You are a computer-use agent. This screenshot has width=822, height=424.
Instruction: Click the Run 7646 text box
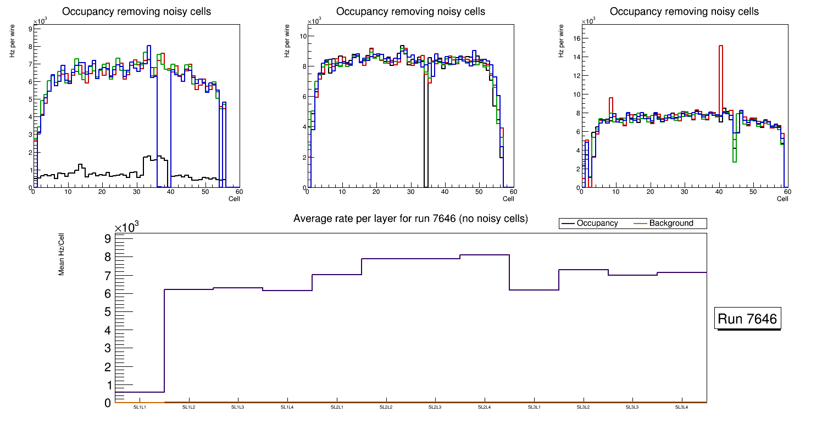coord(747,319)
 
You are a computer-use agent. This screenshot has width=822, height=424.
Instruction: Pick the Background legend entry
coord(670,224)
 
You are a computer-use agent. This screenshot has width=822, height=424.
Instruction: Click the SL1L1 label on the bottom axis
coord(140,407)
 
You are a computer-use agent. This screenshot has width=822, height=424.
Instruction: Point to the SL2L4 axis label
coord(484,407)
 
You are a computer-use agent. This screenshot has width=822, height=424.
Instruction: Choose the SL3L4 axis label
coord(681,407)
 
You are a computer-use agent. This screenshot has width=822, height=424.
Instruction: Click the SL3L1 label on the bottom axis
coord(534,407)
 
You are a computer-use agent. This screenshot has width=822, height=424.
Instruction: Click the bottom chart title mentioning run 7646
coord(410,219)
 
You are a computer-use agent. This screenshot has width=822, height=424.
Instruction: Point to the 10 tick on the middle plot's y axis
coord(302,36)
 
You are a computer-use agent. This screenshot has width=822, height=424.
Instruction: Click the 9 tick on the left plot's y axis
coord(29,28)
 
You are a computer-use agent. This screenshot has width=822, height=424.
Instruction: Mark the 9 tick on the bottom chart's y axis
coord(107,238)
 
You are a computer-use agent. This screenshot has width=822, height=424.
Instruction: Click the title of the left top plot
coord(136,12)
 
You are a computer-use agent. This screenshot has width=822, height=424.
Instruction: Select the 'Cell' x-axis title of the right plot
coord(782,199)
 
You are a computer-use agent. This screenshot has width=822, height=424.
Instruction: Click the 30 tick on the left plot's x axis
coord(136,192)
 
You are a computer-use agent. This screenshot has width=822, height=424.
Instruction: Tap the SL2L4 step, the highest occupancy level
coord(484,255)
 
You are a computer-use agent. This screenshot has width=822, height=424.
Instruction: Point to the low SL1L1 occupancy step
coord(140,392)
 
